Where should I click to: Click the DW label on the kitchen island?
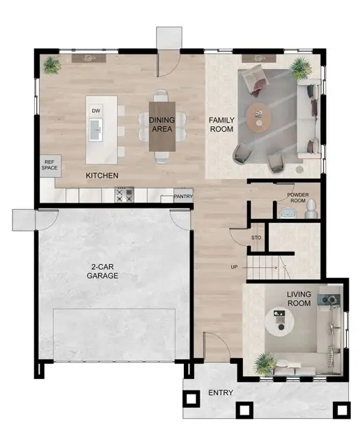[x=96, y=111]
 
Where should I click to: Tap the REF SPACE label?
[x=49, y=164]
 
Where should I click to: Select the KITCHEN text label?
[x=102, y=175]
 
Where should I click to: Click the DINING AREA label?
[x=162, y=124]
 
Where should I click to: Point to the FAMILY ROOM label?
[x=222, y=124]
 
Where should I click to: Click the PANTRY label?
[x=183, y=197]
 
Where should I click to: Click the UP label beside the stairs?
[x=235, y=267]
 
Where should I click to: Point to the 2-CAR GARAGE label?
[x=102, y=271]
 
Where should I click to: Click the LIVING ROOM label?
[x=299, y=298]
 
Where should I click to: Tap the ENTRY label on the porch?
[x=221, y=394]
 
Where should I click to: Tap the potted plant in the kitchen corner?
[x=51, y=66]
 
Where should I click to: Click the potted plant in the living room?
[x=264, y=362]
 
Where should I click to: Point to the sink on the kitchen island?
[x=97, y=128]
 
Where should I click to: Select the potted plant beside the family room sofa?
[x=300, y=67]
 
